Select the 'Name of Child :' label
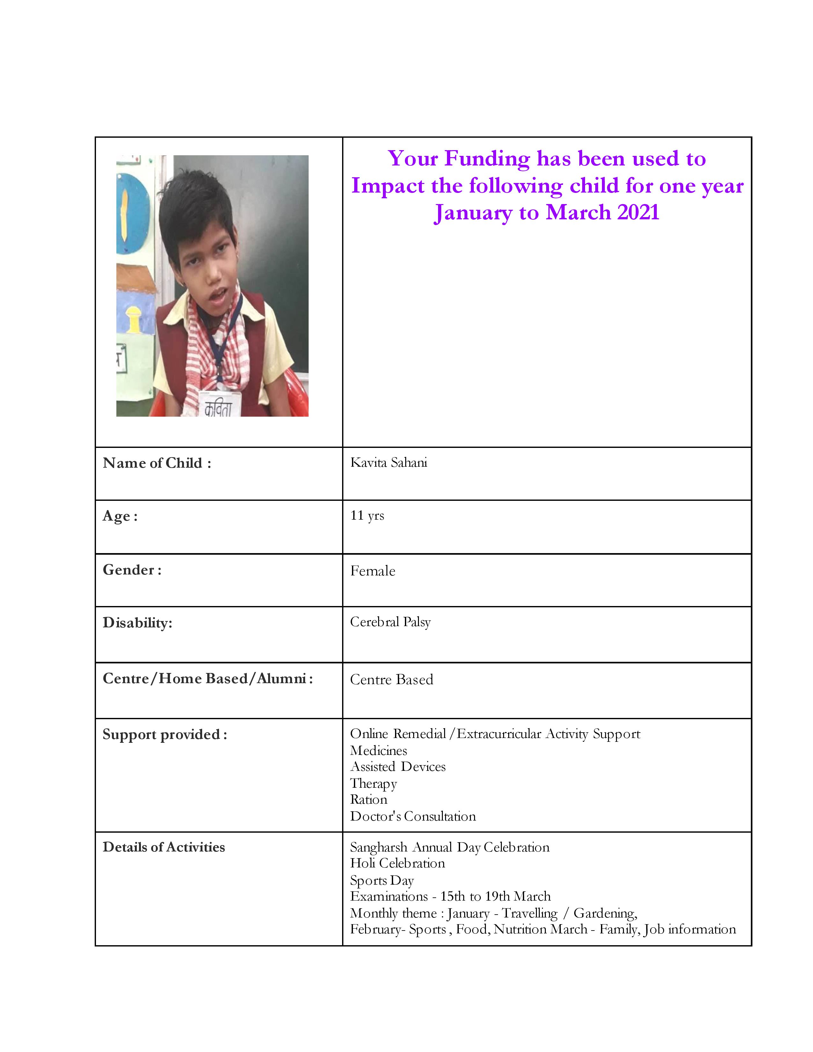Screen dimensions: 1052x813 pyautogui.click(x=157, y=463)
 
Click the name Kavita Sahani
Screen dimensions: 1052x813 pyautogui.click(x=388, y=463)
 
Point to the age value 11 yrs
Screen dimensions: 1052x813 pyautogui.click(x=367, y=515)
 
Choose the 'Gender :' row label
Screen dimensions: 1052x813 pyautogui.click(x=132, y=570)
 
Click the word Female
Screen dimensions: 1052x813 pyautogui.click(x=372, y=571)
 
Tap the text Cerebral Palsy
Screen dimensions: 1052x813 pyautogui.click(x=390, y=622)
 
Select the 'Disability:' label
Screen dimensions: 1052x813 pyautogui.click(x=137, y=623)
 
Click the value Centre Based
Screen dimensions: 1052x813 pyautogui.click(x=391, y=679)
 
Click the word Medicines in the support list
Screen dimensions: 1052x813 pyautogui.click(x=378, y=750)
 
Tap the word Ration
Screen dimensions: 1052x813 pyautogui.click(x=369, y=799)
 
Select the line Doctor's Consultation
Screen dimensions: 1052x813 pyautogui.click(x=413, y=816)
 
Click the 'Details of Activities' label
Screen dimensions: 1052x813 pyautogui.click(x=164, y=847)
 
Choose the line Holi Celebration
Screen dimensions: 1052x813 pyautogui.click(x=397, y=863)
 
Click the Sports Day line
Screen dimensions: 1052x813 pyautogui.click(x=382, y=880)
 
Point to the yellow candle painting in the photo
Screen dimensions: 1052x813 pyautogui.click(x=124, y=214)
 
